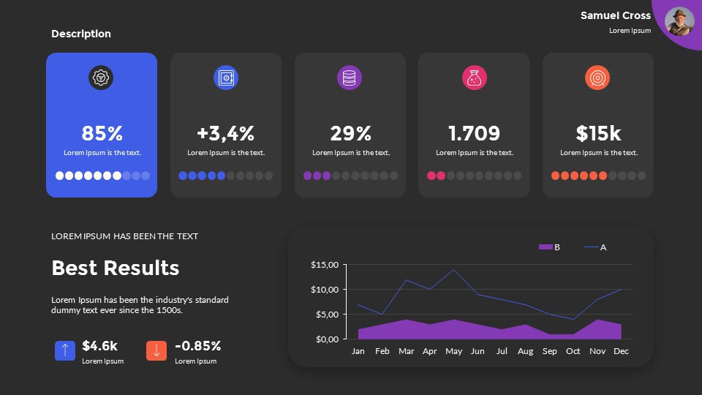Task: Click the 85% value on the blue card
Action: (102, 133)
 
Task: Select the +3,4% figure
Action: (225, 133)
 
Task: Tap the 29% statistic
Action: (350, 133)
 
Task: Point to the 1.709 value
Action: (474, 133)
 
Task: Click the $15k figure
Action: (598, 133)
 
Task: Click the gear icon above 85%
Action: (102, 78)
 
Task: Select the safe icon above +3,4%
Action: (226, 78)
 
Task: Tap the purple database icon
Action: (350, 78)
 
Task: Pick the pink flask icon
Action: (475, 78)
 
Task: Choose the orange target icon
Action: (597, 78)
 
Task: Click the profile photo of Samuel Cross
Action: (679, 22)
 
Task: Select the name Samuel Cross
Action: (615, 15)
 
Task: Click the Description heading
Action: (81, 34)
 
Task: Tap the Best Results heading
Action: (115, 268)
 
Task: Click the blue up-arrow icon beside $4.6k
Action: (65, 350)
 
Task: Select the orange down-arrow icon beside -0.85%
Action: (156, 350)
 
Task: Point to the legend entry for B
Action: (549, 247)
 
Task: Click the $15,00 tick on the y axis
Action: (325, 265)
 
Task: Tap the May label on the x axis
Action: (453, 351)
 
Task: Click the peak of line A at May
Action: (454, 270)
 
